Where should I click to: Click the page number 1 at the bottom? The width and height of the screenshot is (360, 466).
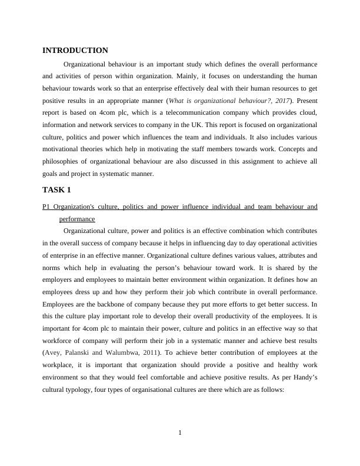click(180, 434)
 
